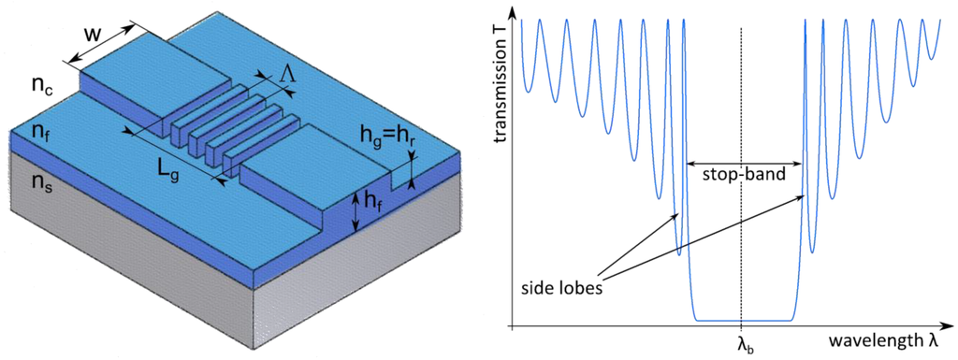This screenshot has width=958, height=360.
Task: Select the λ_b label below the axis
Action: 743,344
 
